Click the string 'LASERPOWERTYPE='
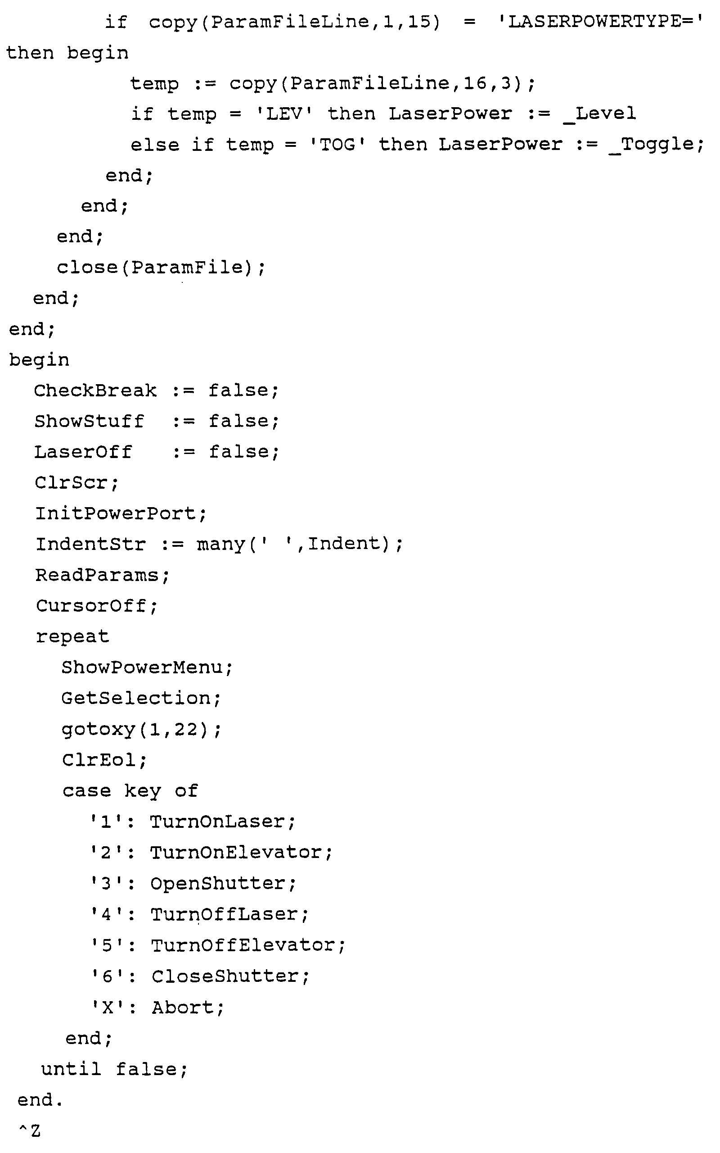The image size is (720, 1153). click(x=600, y=22)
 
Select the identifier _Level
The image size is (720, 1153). click(x=599, y=114)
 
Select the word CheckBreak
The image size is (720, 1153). click(x=95, y=390)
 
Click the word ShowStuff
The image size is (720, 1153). click(x=89, y=421)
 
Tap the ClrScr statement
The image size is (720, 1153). click(x=76, y=483)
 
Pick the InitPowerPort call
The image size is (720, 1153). click(x=121, y=513)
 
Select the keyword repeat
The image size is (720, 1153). click(x=72, y=636)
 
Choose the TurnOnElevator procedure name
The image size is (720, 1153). click(x=236, y=852)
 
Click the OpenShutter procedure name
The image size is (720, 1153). click(x=218, y=883)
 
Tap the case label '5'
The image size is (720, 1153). click(x=108, y=945)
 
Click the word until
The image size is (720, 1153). click(x=71, y=1069)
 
